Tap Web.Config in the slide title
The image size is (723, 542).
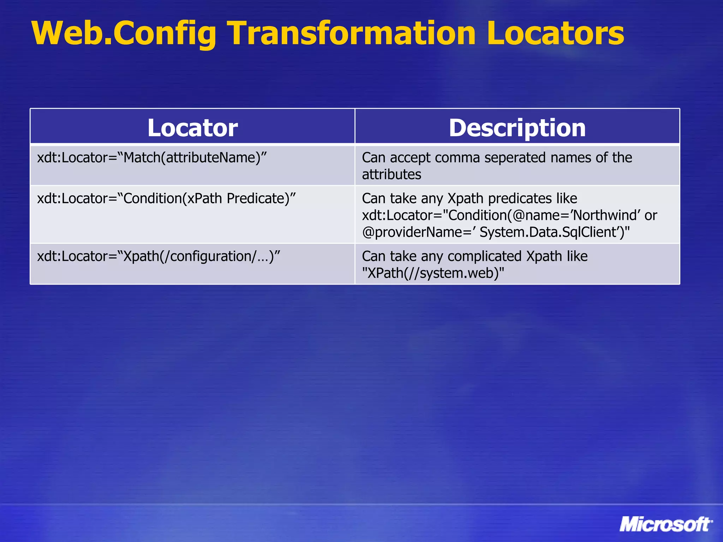pyautogui.click(x=124, y=34)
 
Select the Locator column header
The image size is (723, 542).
pyautogui.click(x=192, y=127)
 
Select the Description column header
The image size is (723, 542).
pyautogui.click(x=517, y=127)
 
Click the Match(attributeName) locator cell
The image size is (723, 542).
pyautogui.click(x=152, y=157)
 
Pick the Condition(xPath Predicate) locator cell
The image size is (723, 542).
pyautogui.click(x=166, y=198)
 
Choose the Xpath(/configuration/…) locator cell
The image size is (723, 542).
pyautogui.click(x=159, y=256)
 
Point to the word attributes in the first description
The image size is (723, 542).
pyautogui.click(x=392, y=174)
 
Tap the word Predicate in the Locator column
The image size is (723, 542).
pyautogui.click(x=257, y=198)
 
